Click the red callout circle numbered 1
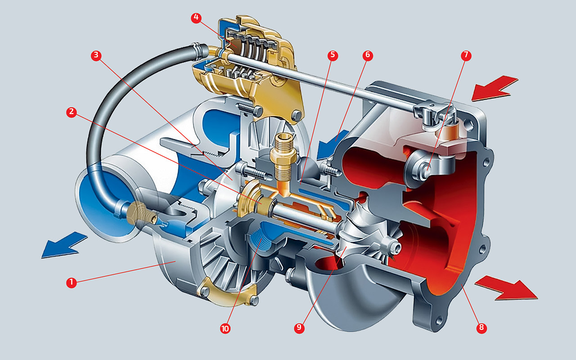point(71,282)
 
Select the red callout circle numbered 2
point(72,112)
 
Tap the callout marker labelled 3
point(96,55)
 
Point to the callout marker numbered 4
point(196,18)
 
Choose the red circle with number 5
point(333,55)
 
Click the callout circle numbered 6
point(368,55)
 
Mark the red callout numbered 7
point(466,55)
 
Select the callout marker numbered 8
point(481,328)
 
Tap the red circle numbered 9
point(299,328)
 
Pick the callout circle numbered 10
point(225,328)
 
